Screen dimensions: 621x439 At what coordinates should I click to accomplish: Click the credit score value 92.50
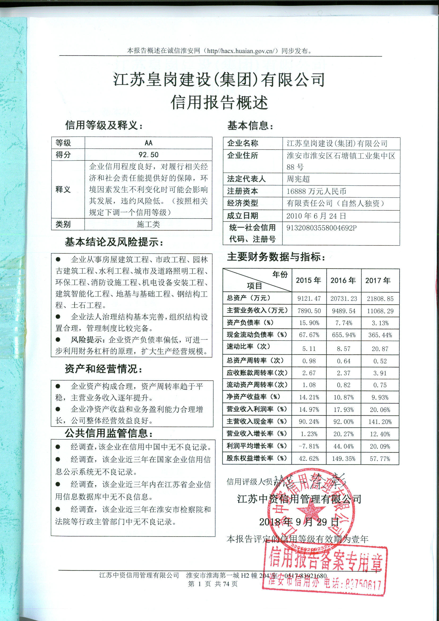point(148,155)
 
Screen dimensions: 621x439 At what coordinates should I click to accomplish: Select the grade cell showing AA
point(148,143)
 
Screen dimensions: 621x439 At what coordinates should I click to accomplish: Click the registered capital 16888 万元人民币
point(316,192)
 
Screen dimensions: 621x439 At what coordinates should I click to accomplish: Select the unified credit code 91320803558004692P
point(321,228)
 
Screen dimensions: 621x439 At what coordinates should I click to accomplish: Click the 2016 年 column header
point(343,280)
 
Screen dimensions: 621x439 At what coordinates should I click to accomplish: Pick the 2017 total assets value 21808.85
point(380,299)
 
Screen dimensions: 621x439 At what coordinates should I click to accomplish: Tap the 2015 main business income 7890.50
point(309,311)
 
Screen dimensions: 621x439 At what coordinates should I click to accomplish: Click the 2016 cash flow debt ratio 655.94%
point(343,335)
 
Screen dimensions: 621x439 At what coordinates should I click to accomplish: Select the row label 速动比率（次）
point(248,346)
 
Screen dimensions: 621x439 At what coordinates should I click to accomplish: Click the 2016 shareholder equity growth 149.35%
point(343,459)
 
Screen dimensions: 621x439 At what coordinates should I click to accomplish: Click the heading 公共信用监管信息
point(108,433)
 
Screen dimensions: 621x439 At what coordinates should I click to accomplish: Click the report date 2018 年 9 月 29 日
point(299,522)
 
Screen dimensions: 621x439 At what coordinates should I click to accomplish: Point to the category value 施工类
point(148,224)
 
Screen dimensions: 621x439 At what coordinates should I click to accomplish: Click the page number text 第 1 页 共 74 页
point(213,584)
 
